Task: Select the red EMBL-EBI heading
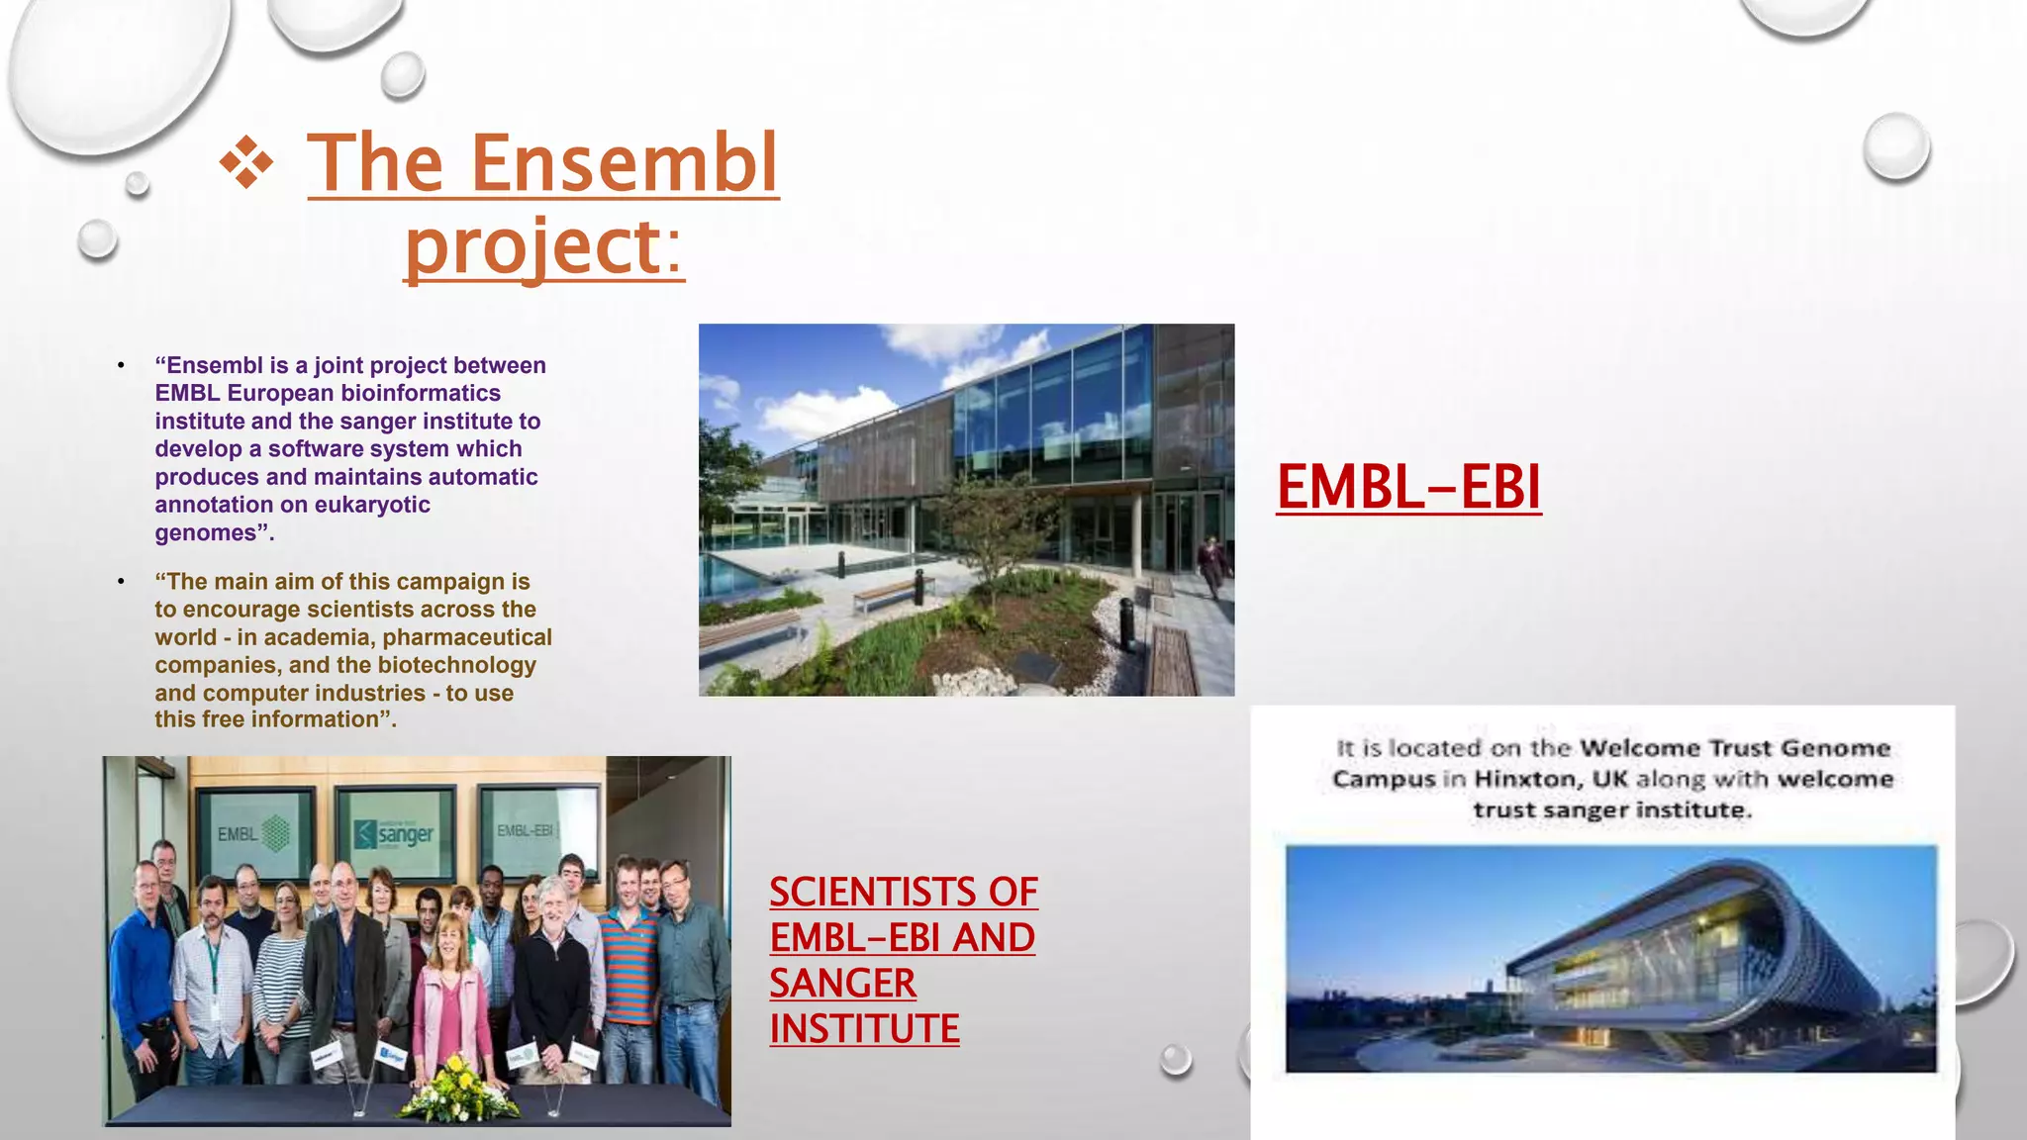coord(1408,487)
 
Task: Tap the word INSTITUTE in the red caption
coord(864,1028)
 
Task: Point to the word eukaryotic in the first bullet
coord(372,505)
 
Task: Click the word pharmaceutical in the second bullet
coord(467,637)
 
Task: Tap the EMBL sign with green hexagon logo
coord(253,833)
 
